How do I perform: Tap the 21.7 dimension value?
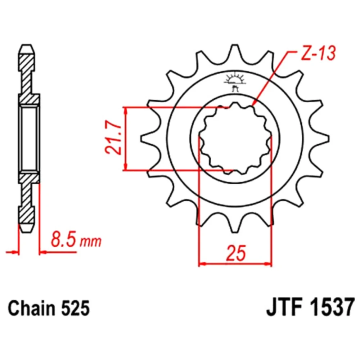pyautogui.click(x=113, y=139)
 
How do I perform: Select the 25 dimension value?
pyautogui.click(x=235, y=253)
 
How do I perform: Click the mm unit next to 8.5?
pyautogui.click(x=90, y=242)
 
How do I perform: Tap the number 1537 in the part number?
pyautogui.click(x=332, y=308)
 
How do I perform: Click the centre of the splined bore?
pyautogui.click(x=235, y=139)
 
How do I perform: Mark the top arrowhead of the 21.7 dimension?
pyautogui.click(x=125, y=110)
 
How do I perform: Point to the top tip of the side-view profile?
pyautogui.click(x=27, y=45)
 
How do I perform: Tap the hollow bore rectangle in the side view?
pyautogui.click(x=29, y=139)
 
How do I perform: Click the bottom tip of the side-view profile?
pyautogui.click(x=27, y=233)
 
